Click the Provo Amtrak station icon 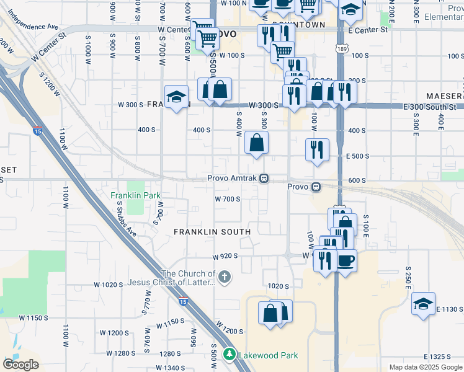pyautogui.click(x=264, y=179)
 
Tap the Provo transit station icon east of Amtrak pyautogui.click(x=316, y=187)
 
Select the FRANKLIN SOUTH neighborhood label pyautogui.click(x=212, y=232)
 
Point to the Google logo pyautogui.click(x=20, y=365)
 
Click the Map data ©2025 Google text pyautogui.click(x=426, y=367)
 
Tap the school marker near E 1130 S pyautogui.click(x=423, y=304)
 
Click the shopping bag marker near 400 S pyautogui.click(x=256, y=144)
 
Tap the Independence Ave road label pyautogui.click(x=33, y=27)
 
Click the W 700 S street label pyautogui.click(x=227, y=199)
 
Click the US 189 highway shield pyautogui.click(x=341, y=46)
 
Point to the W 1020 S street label pyautogui.click(x=109, y=285)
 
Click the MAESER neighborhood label pyautogui.click(x=445, y=96)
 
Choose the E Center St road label pyautogui.click(x=368, y=29)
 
